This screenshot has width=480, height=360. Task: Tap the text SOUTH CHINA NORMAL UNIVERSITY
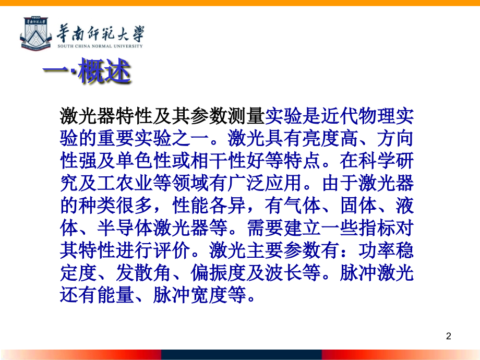[x=100, y=46]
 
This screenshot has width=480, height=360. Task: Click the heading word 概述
[x=104, y=71]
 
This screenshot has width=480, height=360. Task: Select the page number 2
[x=449, y=336]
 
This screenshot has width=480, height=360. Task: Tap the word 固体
[x=358, y=206]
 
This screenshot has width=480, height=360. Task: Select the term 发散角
[x=144, y=273]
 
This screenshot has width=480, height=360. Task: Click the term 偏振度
[x=219, y=273]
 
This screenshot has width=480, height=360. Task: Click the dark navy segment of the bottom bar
[x=242, y=355]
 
